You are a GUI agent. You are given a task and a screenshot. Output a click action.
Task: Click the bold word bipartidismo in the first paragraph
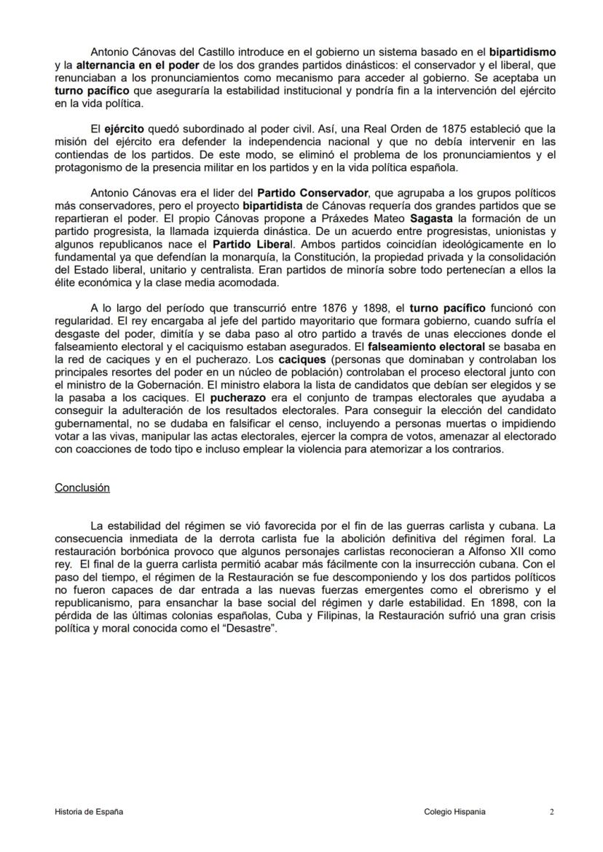(522, 52)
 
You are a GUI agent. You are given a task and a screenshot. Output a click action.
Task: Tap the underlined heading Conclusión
(82, 487)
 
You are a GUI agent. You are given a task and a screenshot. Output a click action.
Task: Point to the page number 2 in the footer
(552, 812)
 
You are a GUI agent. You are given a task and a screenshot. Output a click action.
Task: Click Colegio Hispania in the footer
(454, 812)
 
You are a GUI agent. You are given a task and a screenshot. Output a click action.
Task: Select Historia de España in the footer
(89, 812)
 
